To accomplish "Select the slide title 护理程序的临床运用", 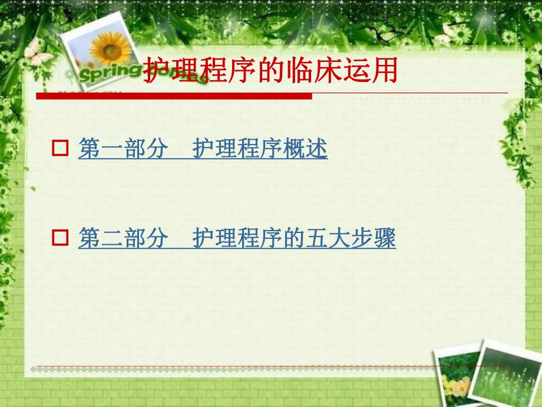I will coord(271,71).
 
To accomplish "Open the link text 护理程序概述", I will coord(260,149).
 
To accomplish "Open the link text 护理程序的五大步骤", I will coord(294,238).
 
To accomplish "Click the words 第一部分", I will coord(123,149).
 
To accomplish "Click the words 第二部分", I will coord(123,238).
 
